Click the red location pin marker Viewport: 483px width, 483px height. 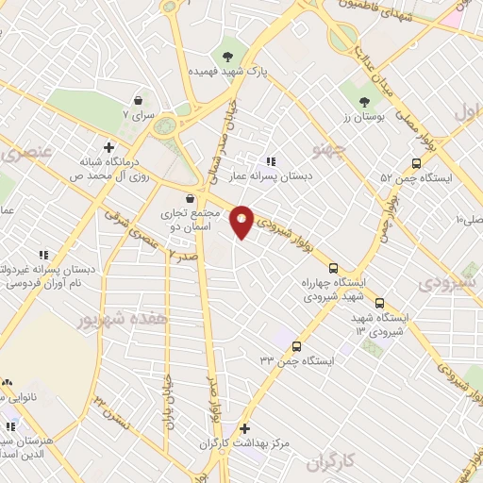click(241, 222)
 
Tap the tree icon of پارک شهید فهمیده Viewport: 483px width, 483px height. click(227, 53)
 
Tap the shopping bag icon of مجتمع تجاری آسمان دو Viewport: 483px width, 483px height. click(192, 198)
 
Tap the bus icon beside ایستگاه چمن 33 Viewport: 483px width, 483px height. click(296, 346)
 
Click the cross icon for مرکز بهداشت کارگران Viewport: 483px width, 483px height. click(245, 427)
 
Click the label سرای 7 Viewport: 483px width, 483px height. click(139, 114)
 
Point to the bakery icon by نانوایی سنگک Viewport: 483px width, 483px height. click(8, 382)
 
